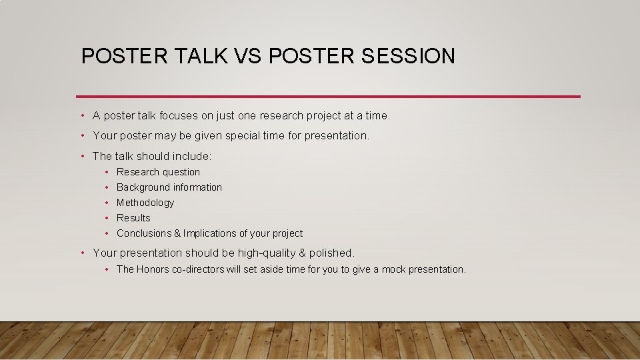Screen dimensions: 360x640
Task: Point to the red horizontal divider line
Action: point(328,96)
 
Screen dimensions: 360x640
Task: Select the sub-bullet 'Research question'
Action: point(158,172)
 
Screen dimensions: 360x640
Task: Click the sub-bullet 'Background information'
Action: point(169,187)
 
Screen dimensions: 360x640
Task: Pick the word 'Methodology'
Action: point(145,203)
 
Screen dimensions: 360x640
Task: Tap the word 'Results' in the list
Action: point(133,218)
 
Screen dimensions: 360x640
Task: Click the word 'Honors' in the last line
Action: point(153,269)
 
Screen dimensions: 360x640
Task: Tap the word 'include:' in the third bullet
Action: point(192,157)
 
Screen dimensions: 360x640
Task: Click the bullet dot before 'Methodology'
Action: point(107,203)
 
